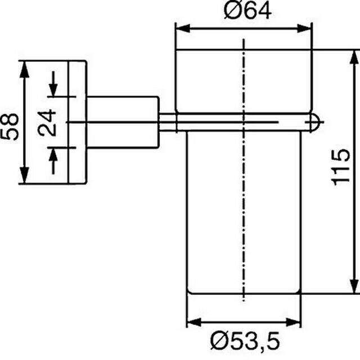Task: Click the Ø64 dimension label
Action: coord(247,11)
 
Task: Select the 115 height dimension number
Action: coord(341,167)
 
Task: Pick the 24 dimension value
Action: coord(47,123)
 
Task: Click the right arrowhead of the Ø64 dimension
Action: coord(304,29)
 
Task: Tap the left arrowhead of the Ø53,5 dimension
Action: coord(195,322)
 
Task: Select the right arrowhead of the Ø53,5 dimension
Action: coord(293,322)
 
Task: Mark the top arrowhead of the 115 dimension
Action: coord(354,57)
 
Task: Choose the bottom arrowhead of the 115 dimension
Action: coord(354,285)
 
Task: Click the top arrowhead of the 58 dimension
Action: coord(25,69)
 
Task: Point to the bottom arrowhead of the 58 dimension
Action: coord(25,175)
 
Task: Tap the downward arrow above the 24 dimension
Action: coord(53,84)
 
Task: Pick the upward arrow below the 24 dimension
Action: coord(53,161)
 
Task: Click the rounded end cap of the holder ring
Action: coord(315,122)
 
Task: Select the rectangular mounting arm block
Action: coord(123,122)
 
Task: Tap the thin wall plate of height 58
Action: coord(78,122)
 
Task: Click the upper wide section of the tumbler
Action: coord(244,81)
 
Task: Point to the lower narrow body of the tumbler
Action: coord(244,213)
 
